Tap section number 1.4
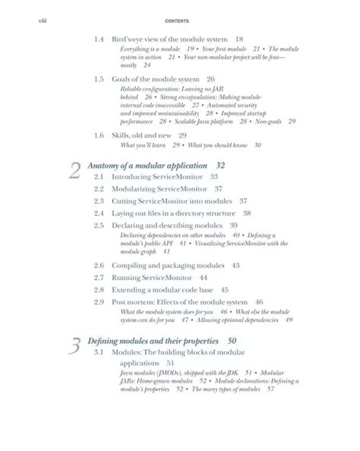pos(99,38)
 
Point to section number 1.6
pos(99,134)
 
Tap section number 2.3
pos(99,201)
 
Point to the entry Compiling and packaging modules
pos(167,266)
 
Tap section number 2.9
pos(99,302)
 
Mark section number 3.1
pos(99,353)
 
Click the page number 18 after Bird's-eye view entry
pos(239,38)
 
